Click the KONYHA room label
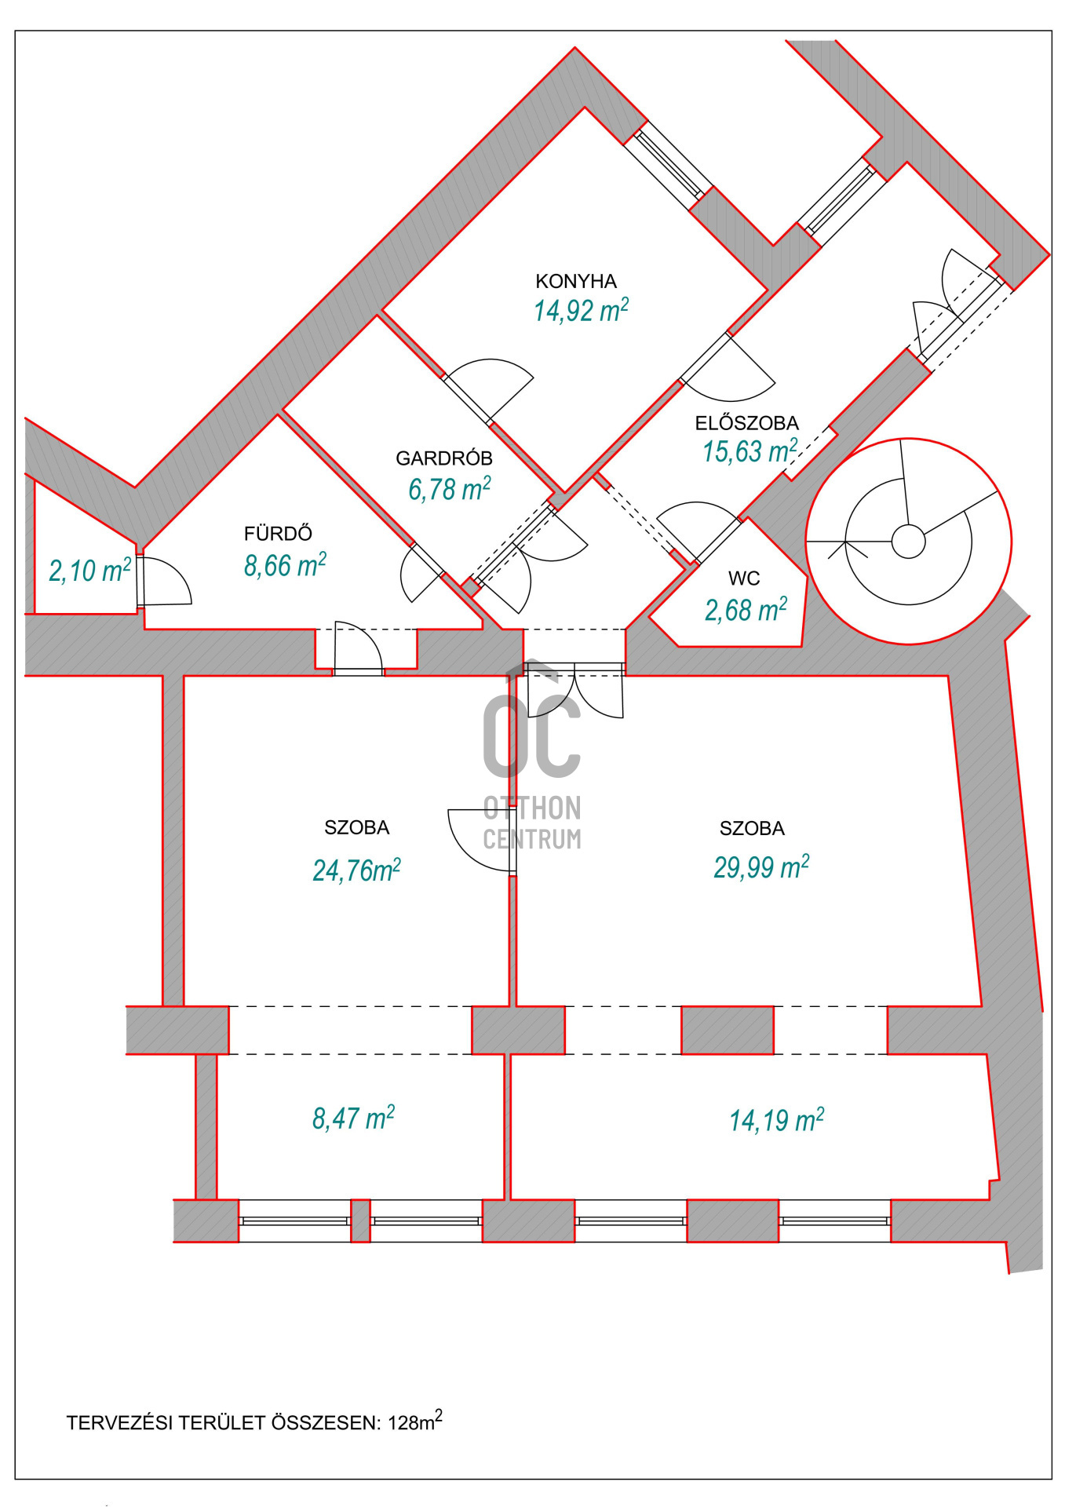coord(576,281)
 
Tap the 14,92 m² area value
coord(581,310)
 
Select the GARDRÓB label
coord(444,458)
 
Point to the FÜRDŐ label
coord(278,533)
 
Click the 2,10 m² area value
coord(89,570)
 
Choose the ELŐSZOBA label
coord(746,423)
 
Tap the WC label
coord(744,578)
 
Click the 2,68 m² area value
coord(746,609)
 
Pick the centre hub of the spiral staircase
coord(908,542)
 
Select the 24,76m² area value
coord(356,870)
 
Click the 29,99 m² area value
coord(760,867)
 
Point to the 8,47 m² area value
coord(353,1118)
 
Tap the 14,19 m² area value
coord(776,1120)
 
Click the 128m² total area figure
coord(415,1421)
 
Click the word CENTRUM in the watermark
coord(532,839)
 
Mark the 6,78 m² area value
coord(449,488)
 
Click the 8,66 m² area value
coord(285,564)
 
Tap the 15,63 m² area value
coord(750,451)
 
